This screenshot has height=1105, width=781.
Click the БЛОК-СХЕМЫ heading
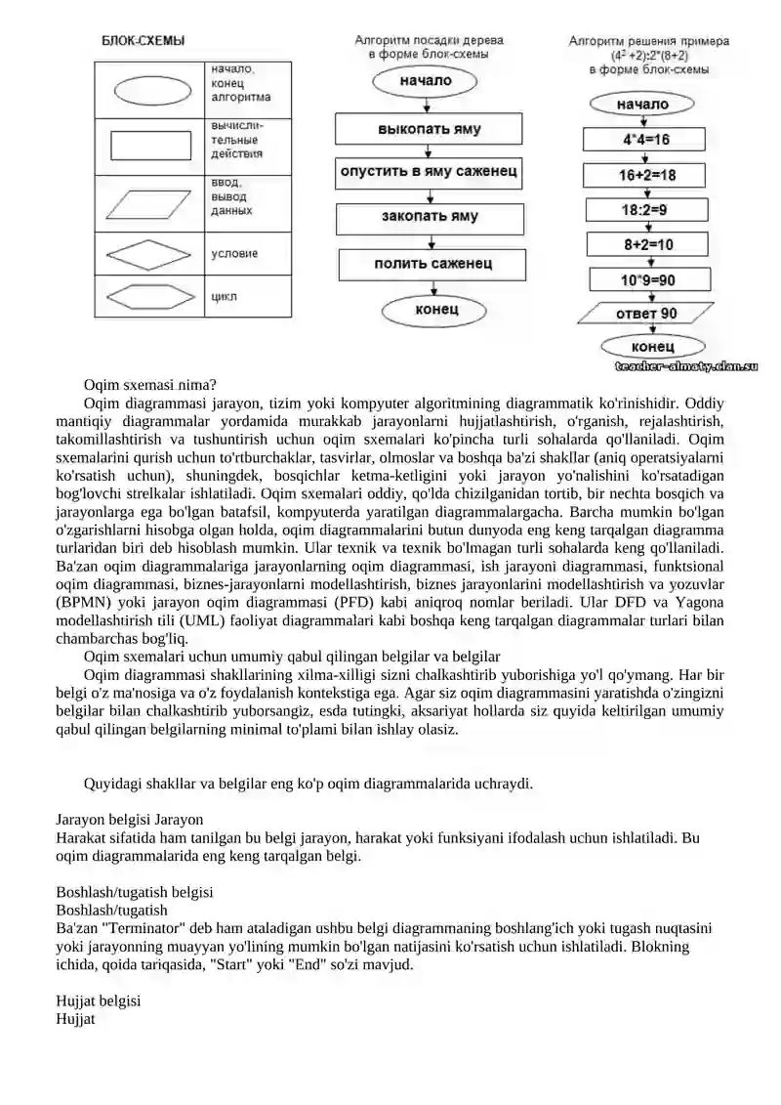144,41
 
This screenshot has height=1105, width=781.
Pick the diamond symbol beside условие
149,254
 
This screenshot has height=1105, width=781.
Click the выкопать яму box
430,129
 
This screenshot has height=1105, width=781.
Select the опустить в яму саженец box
430,172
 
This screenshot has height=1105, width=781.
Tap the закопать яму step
430,217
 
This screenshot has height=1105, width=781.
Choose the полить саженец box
432,264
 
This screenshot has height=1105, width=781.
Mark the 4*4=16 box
646,140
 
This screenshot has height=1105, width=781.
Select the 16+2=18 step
646,176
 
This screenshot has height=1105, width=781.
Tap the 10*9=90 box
647,280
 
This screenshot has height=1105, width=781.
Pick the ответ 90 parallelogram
644,314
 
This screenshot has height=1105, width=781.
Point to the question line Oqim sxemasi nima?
150,384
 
